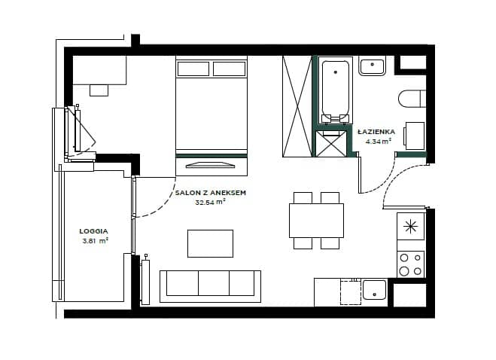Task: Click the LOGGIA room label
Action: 93,231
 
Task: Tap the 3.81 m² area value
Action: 96,241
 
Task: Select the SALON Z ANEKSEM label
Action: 211,193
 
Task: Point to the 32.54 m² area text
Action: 210,202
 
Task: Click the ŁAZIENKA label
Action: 376,131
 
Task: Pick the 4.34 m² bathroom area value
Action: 379,142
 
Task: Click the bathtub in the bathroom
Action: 335,90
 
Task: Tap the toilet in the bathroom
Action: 412,99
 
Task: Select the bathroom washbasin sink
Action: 372,66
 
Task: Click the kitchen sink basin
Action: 375,290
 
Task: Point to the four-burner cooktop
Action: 411,264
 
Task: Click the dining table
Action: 316,221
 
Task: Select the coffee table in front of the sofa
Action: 210,243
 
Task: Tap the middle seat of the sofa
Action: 214,283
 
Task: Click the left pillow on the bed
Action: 193,69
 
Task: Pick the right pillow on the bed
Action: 230,69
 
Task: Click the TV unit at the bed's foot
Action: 211,166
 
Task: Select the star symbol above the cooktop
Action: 410,227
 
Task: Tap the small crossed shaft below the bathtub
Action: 331,144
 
